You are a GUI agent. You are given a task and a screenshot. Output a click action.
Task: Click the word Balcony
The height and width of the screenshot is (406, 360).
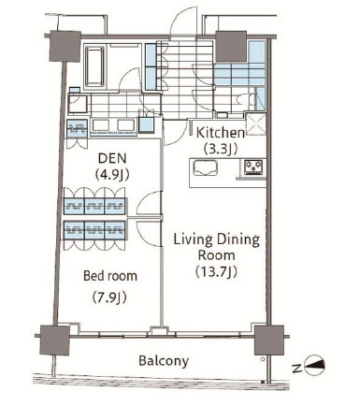pos(164,361)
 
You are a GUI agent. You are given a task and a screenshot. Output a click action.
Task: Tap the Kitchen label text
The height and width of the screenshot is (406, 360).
pos(221,133)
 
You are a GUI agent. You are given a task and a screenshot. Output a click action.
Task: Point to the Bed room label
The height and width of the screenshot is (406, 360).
pos(110,276)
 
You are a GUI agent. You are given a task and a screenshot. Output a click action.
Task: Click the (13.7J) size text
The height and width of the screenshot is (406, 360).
pos(216,271)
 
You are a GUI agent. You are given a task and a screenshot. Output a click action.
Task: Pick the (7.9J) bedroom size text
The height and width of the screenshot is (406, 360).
pos(109,297)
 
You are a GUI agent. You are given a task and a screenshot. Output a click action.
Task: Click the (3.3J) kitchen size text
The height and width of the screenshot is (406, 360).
pos(221,149)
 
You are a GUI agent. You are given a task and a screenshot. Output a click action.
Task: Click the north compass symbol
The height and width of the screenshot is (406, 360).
pos(314,365)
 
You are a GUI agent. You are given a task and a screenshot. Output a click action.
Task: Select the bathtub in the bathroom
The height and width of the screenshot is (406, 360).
pos(94,66)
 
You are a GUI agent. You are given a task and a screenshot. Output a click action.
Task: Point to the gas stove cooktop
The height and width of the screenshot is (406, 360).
pos(252,167)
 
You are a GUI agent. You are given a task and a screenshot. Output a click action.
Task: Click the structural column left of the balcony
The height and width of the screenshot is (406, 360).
pos(55,340)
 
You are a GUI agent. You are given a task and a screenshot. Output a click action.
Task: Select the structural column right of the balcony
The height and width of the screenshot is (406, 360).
pos(269,341)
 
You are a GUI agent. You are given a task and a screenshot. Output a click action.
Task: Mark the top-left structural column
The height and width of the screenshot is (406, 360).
pos(65,46)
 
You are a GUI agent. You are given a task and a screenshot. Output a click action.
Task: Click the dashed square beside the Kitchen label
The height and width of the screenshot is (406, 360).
pos(256,124)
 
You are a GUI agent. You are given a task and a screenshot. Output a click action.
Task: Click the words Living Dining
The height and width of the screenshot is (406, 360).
pos(216,239)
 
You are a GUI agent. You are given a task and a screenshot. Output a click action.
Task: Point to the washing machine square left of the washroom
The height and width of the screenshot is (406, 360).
pos(78,103)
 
